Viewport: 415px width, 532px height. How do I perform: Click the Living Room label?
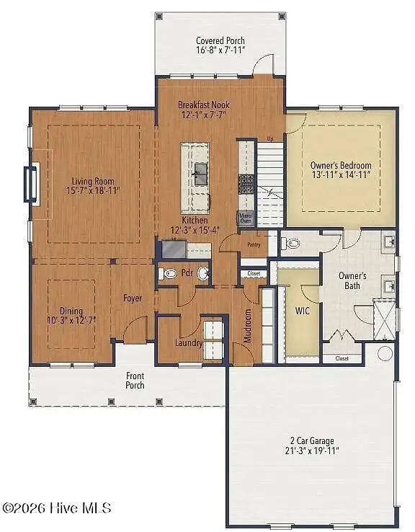[93, 181]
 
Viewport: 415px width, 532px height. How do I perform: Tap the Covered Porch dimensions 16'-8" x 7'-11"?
[220, 50]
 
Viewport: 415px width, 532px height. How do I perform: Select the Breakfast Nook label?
[204, 105]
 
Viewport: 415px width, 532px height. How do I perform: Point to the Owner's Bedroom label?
[341, 165]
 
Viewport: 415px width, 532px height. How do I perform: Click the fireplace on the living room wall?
[31, 183]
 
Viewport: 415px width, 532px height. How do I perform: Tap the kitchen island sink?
[200, 174]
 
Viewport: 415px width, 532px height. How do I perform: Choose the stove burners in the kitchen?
[246, 182]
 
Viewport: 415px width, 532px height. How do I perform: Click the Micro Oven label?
[246, 218]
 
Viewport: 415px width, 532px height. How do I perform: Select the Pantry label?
[254, 245]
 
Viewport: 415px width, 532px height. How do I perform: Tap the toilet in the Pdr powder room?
[169, 274]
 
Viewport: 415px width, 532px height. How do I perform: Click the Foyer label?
[133, 298]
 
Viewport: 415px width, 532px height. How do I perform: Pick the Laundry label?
[189, 342]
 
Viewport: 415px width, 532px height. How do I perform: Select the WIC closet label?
[302, 311]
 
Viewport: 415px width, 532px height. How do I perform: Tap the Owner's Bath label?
[353, 281]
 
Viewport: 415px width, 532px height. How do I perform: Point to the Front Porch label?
[135, 380]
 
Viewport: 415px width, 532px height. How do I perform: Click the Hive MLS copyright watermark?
[57, 508]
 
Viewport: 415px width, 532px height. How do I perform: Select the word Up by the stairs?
[270, 138]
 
